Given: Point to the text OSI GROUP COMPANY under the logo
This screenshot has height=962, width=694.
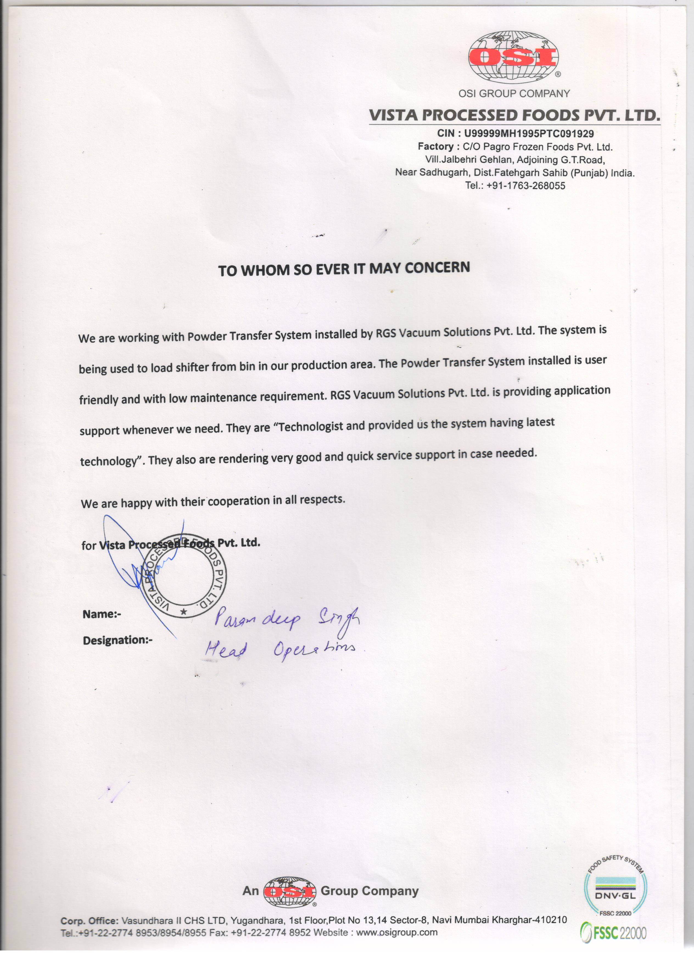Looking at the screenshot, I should pyautogui.click(x=514, y=94).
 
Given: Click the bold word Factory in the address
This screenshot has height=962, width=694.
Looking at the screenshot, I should pyautogui.click(x=435, y=147).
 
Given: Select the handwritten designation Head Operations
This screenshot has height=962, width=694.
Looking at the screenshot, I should pyautogui.click(x=280, y=649).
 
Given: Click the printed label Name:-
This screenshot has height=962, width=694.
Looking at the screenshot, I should pyautogui.click(x=102, y=614).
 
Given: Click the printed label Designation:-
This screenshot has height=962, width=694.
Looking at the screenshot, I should pyautogui.click(x=117, y=641).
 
